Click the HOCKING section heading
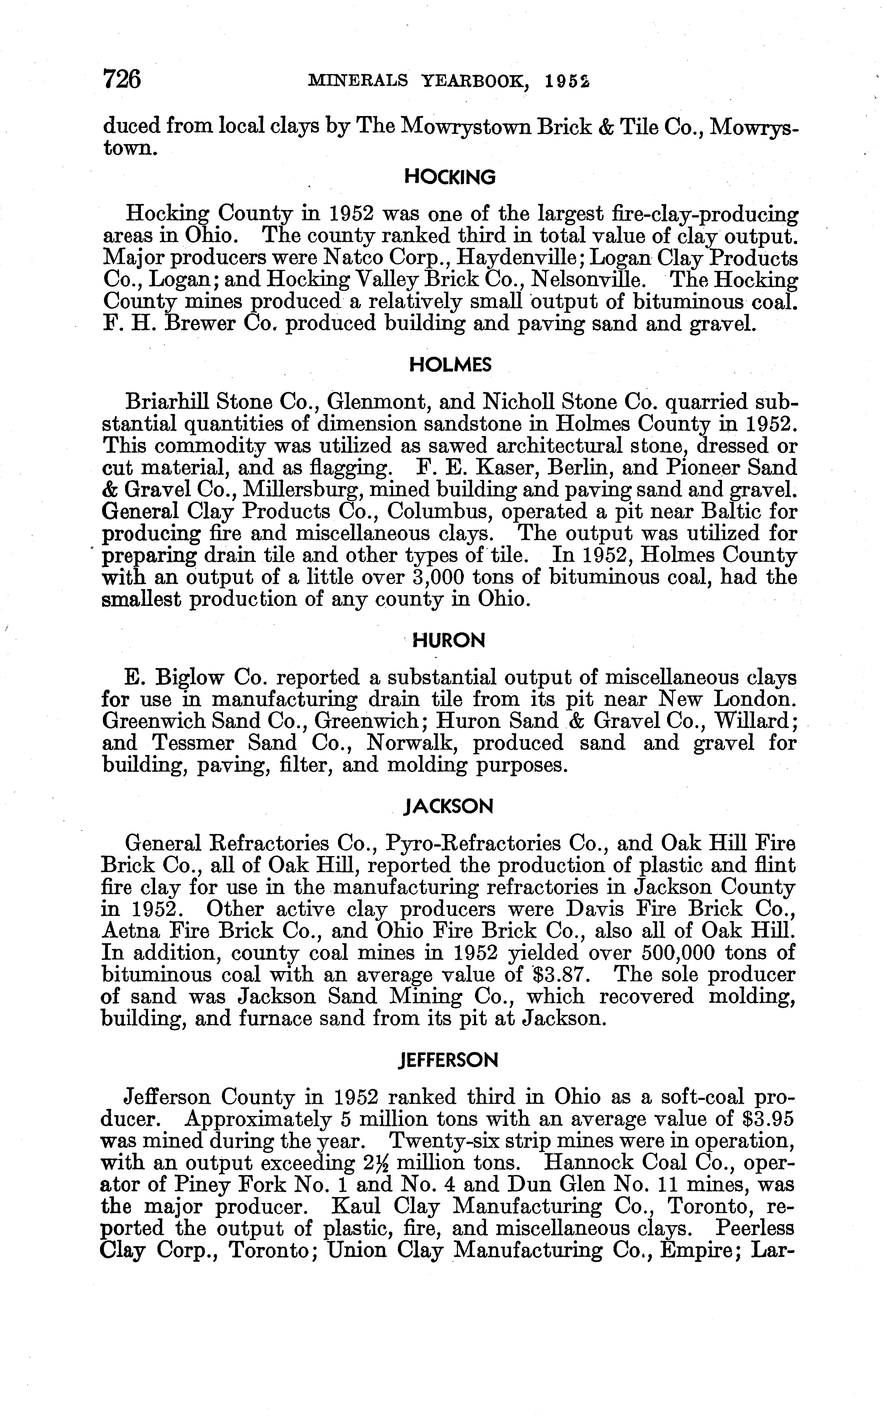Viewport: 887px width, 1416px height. (450, 177)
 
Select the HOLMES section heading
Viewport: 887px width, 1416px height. (450, 365)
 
